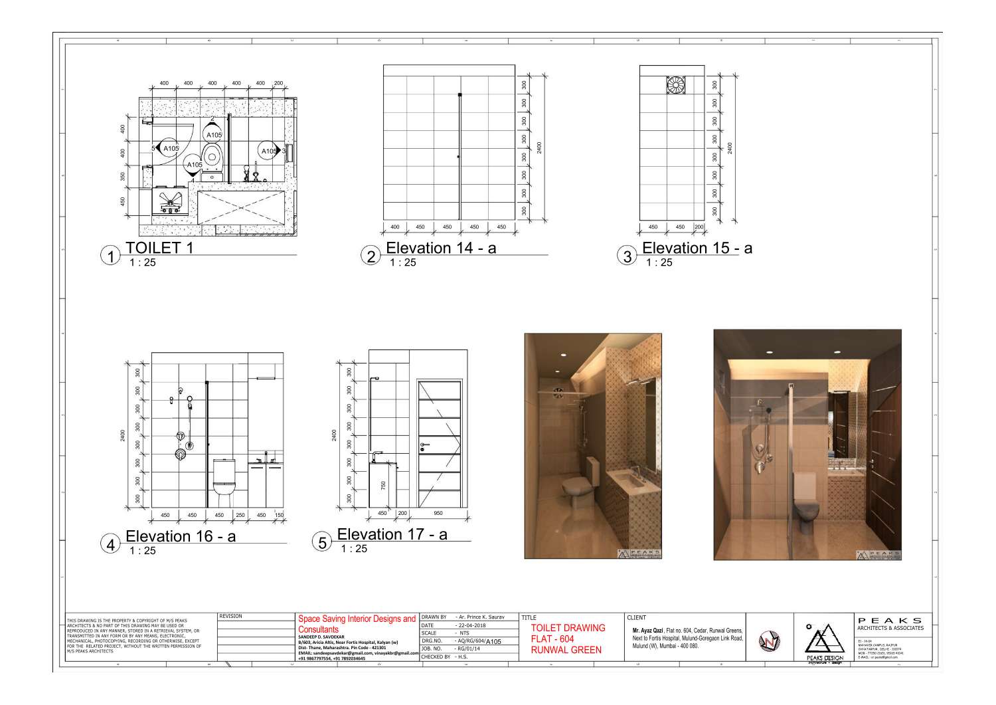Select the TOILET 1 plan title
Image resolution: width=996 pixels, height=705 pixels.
pyautogui.click(x=153, y=249)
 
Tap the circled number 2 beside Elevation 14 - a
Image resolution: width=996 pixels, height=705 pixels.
pyautogui.click(x=371, y=256)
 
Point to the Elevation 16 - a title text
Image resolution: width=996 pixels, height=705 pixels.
pyautogui.click(x=181, y=536)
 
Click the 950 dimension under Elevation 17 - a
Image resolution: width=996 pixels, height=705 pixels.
pyautogui.click(x=438, y=514)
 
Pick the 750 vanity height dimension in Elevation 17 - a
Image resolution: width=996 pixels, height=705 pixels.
pyautogui.click(x=383, y=486)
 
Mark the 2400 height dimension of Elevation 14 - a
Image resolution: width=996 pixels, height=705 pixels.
pyautogui.click(x=540, y=146)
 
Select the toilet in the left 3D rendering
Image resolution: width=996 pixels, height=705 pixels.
pyautogui.click(x=576, y=489)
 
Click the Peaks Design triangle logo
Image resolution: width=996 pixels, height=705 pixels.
pyautogui.click(x=823, y=638)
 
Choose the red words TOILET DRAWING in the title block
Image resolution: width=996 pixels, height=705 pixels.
pyautogui.click(x=568, y=628)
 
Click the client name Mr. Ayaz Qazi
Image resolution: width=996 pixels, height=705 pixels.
pyautogui.click(x=648, y=631)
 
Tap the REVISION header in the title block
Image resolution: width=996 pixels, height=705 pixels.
pyautogui.click(x=230, y=617)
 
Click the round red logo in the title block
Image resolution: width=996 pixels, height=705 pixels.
pyautogui.click(x=769, y=641)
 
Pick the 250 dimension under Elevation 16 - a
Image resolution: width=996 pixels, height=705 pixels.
pyautogui.click(x=240, y=515)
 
